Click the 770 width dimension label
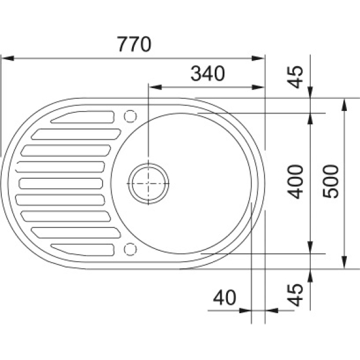[134, 44]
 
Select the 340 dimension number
[208, 73]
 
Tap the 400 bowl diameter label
[295, 182]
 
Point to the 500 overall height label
[331, 181]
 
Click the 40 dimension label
[224, 298]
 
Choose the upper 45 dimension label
[295, 77]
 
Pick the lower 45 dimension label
[295, 295]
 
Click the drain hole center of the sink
[149, 184]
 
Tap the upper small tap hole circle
[130, 116]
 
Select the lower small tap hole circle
[130, 249]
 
